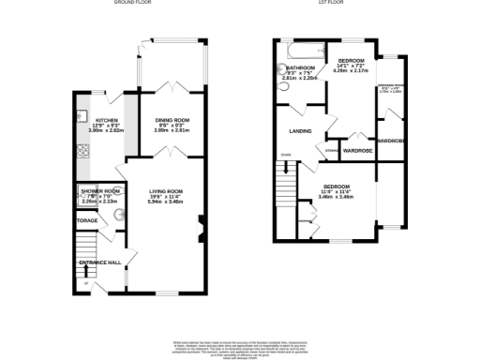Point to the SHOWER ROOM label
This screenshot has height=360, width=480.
tap(98, 190)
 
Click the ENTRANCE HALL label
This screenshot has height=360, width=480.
tap(99, 262)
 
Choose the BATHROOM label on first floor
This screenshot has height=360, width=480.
tap(300, 67)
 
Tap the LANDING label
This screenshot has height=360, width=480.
tap(300, 131)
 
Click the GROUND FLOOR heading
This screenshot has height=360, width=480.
tap(133, 4)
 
